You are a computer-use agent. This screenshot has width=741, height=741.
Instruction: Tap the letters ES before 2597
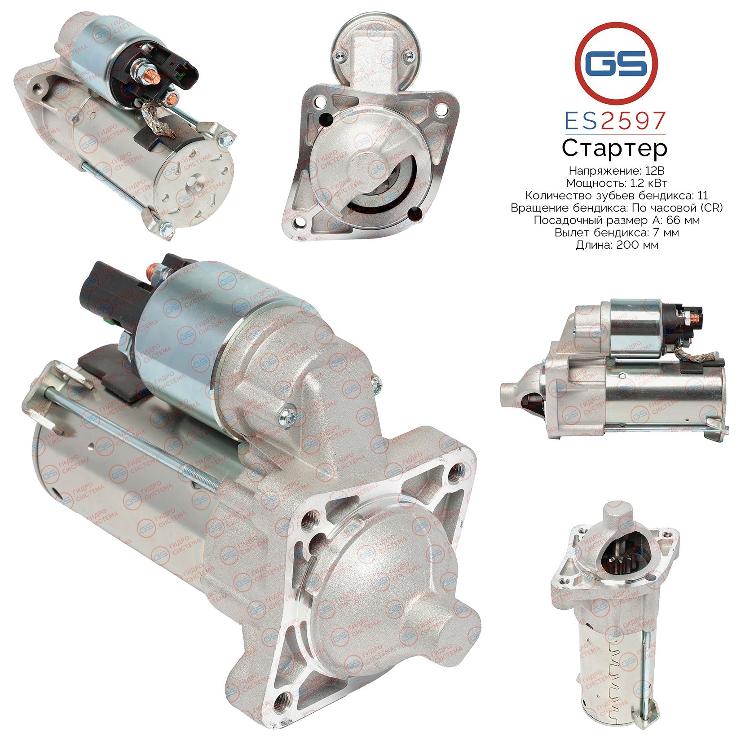[x=581, y=121]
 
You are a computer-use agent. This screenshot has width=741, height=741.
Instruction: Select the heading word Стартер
[x=614, y=148]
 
